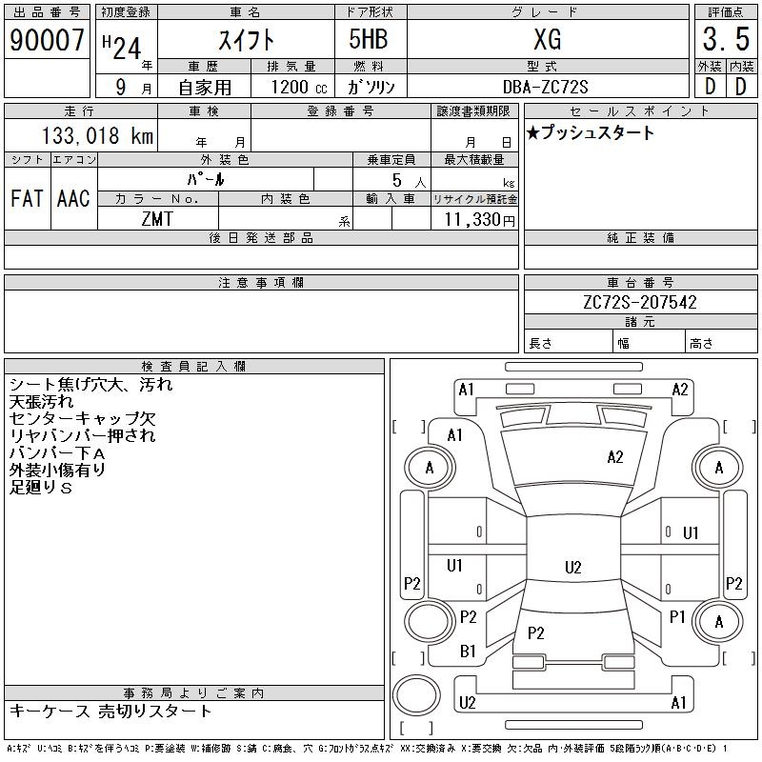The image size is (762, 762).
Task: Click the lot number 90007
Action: click(47, 40)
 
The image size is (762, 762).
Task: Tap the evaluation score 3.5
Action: click(724, 40)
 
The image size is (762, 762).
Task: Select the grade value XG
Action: click(548, 40)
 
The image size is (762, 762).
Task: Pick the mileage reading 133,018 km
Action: click(98, 136)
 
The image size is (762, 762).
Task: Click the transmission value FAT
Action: click(27, 198)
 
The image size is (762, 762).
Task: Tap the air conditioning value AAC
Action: click(73, 198)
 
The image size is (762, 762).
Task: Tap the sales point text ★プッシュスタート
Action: click(591, 133)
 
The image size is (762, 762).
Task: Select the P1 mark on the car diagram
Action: click(677, 617)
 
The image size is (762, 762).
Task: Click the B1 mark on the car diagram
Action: click(468, 652)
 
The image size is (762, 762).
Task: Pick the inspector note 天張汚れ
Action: click(42, 402)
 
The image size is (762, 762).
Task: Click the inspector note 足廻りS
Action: click(41, 488)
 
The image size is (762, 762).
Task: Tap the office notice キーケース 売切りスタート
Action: click(111, 712)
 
